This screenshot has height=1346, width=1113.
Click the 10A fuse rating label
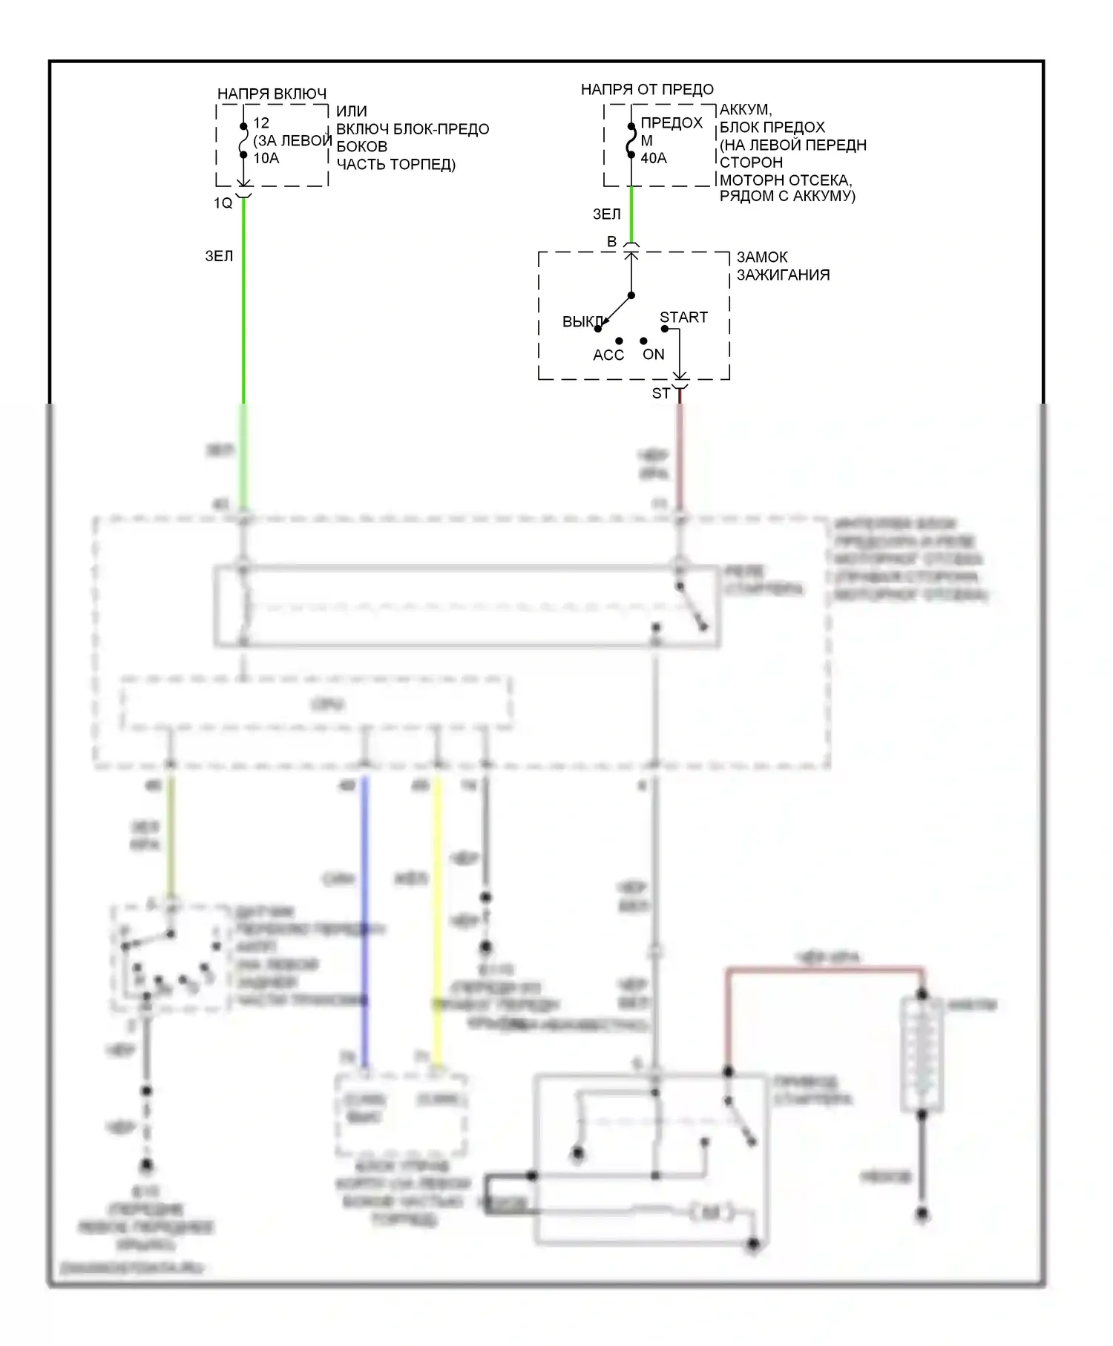(266, 158)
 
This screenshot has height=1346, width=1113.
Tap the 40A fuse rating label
(654, 158)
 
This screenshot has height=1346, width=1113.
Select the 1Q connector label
(223, 203)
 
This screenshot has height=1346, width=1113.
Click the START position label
(683, 317)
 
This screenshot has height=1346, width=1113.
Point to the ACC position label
(608, 355)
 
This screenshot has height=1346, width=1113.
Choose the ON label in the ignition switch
(654, 355)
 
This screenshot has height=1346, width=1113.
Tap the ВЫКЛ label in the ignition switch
(582, 322)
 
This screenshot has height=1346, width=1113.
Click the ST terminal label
(660, 393)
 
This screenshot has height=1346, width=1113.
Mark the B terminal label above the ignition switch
(612, 242)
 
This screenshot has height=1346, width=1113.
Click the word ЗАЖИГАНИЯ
(783, 275)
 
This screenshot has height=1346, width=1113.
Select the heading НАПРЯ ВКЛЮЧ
(272, 94)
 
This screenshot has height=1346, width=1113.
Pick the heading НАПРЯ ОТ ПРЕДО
(647, 90)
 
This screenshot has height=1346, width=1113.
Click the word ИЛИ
(352, 111)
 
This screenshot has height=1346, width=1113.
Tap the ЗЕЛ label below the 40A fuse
(606, 214)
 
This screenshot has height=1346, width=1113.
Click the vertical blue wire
(364, 920)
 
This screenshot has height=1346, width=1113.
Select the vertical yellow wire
(437, 920)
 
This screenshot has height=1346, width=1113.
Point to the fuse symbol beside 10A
(243, 140)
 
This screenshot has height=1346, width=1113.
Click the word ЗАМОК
(762, 257)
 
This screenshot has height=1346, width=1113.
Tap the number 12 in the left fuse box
(261, 123)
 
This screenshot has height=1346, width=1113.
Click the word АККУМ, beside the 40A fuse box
(746, 110)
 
